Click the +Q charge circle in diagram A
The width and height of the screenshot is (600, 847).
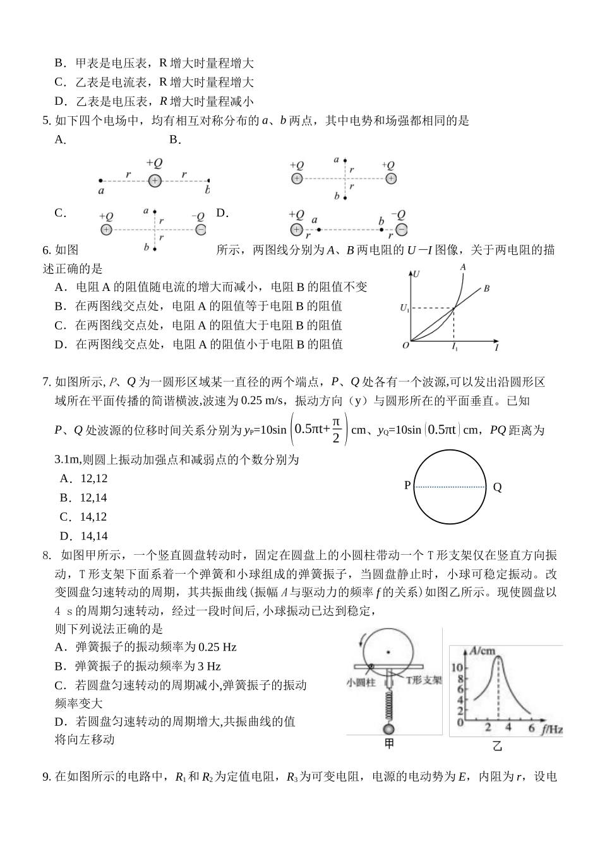tap(155, 181)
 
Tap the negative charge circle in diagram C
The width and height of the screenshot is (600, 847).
tap(200, 230)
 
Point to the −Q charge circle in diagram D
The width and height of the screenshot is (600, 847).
tap(400, 230)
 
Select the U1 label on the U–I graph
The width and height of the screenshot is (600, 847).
tap(404, 308)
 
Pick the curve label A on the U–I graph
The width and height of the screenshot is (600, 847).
tap(463, 267)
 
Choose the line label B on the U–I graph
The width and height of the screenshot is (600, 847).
tap(487, 289)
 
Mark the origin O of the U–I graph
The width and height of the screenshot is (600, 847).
tap(405, 345)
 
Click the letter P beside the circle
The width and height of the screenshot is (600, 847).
tap(407, 485)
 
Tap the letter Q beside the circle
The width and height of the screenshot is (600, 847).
tap(497, 487)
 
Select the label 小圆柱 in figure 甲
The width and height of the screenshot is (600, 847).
tap(361, 682)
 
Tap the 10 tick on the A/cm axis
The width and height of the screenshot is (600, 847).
tap(459, 668)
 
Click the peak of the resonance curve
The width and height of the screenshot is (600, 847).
tap(499, 657)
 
